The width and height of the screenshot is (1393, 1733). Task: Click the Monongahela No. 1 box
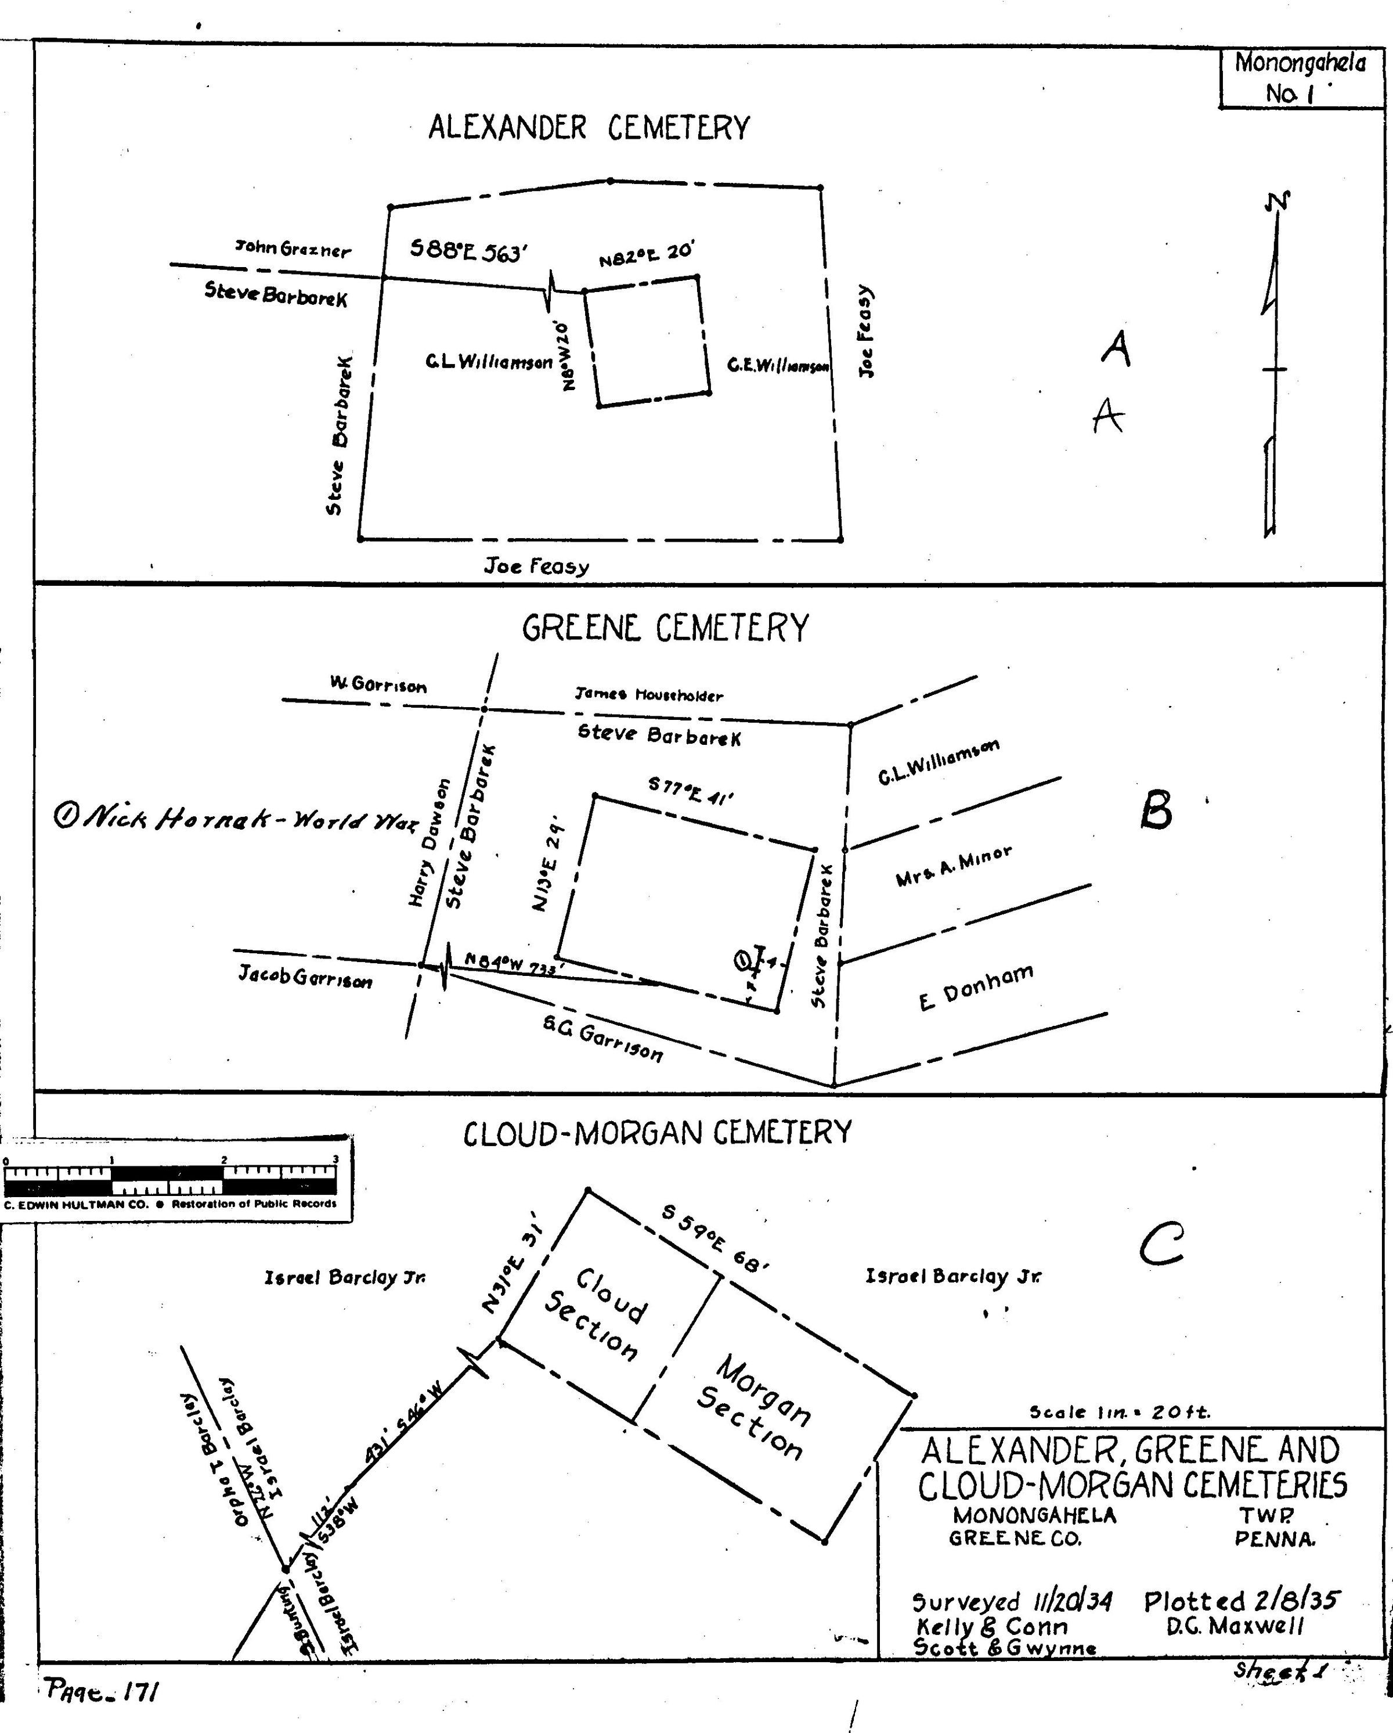coord(1299,78)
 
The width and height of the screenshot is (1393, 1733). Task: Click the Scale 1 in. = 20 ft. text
coord(1120,1411)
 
